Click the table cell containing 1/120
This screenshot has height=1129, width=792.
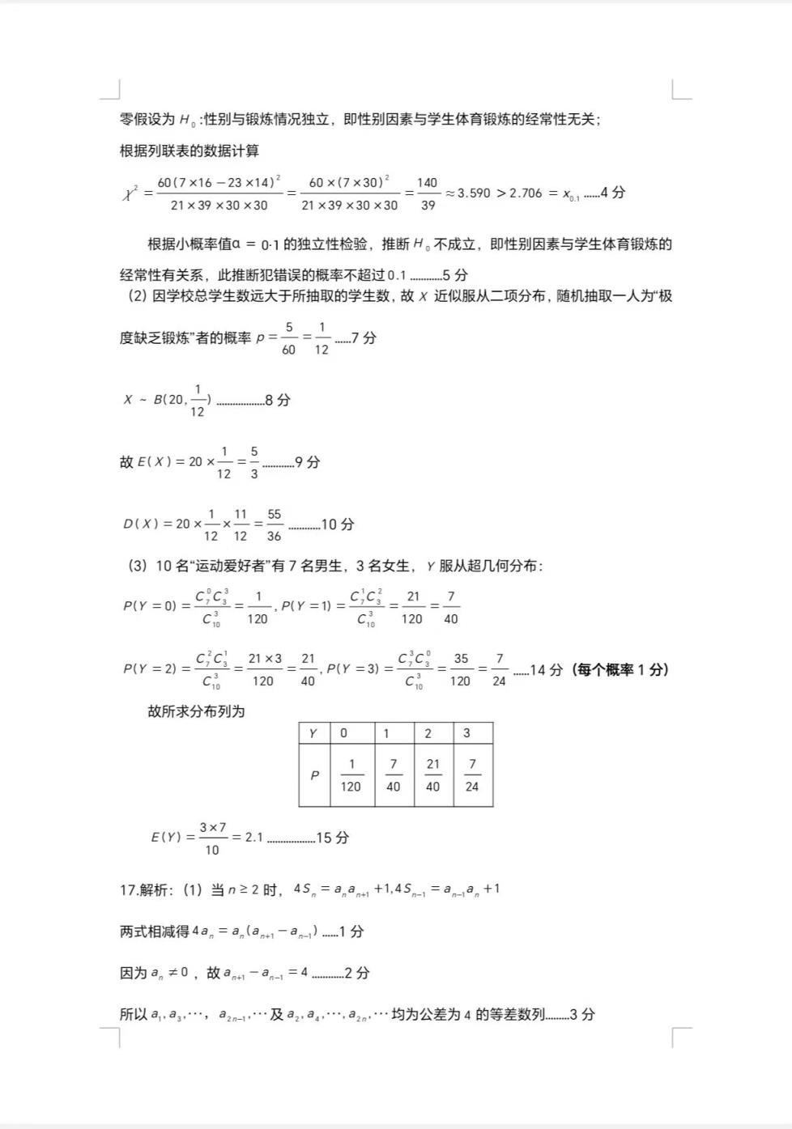[351, 775]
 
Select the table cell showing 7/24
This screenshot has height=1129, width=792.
[472, 775]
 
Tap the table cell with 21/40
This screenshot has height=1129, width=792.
[433, 775]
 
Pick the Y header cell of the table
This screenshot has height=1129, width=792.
[313, 733]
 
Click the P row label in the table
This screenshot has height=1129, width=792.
[314, 775]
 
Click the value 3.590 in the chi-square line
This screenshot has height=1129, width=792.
[474, 193]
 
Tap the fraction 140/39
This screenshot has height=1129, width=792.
[428, 194]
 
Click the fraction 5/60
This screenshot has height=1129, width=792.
[288, 338]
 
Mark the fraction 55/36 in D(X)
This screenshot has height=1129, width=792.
[275, 524]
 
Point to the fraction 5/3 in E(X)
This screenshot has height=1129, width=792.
[254, 462]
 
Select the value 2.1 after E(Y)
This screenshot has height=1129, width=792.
[254, 838]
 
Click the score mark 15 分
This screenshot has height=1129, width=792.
[332, 838]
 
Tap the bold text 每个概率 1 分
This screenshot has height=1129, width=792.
[620, 670]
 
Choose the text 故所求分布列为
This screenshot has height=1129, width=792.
[196, 711]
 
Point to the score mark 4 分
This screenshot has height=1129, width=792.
[612, 193]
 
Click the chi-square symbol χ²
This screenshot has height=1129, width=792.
[130, 193]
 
